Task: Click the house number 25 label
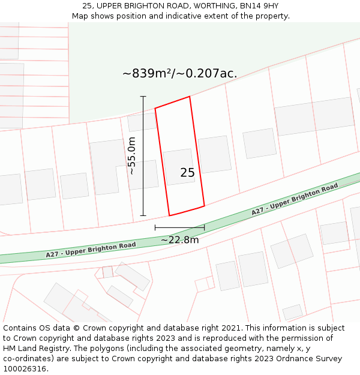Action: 187,173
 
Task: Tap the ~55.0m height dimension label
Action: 132,155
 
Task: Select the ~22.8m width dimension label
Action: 179,240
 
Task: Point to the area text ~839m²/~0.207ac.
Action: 179,74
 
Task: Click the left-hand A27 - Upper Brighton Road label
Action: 91,250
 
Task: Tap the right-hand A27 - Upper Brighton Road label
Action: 295,200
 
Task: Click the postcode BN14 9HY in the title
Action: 262,6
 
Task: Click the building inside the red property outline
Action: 179,166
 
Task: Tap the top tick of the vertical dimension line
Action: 143,97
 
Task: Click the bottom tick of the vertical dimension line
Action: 143,215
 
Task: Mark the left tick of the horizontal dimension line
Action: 155,227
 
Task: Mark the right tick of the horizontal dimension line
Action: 205,227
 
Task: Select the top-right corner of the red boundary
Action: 190,97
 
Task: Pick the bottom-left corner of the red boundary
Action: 169,215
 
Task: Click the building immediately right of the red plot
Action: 215,154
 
